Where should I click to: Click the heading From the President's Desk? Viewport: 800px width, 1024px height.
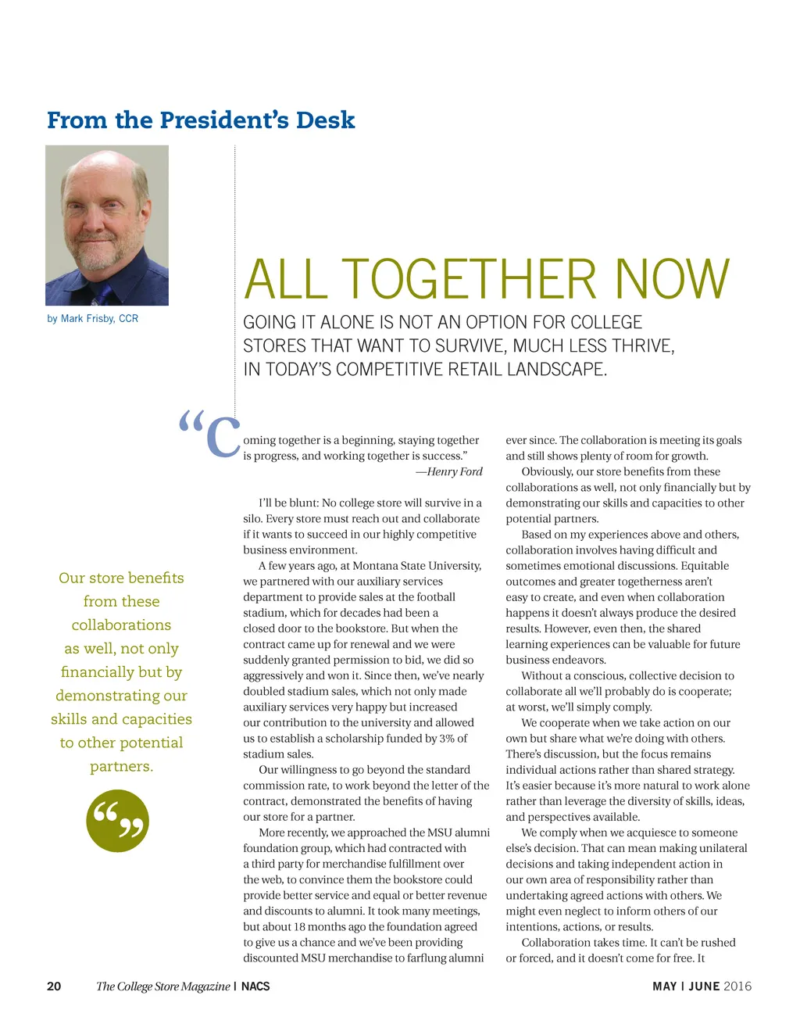click(201, 120)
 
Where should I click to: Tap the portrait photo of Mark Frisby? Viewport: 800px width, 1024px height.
click(107, 225)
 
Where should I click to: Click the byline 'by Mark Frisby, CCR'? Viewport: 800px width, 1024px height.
click(92, 319)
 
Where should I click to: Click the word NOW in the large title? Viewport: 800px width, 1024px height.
click(672, 280)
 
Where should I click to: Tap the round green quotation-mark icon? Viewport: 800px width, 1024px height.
click(118, 820)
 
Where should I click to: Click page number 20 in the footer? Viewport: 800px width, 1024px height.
click(54, 986)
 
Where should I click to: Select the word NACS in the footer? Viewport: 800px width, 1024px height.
click(255, 986)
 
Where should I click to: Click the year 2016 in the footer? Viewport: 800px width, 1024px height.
click(737, 986)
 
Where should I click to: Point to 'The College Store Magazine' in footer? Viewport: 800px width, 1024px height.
click(162, 986)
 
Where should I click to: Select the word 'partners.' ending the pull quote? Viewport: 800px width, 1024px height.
click(122, 766)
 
